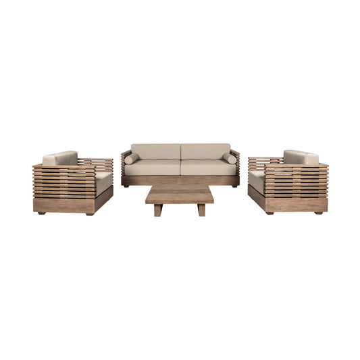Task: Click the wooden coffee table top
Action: pyautogui.click(x=180, y=195)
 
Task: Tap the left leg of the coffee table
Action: pyautogui.click(x=158, y=210)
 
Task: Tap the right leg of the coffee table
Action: pyautogui.click(x=201, y=210)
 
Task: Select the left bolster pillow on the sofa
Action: pyautogui.click(x=131, y=159)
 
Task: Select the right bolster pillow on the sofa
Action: pyautogui.click(x=230, y=159)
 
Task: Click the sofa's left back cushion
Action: pyautogui.click(x=155, y=151)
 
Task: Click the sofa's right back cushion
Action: pyautogui.click(x=205, y=151)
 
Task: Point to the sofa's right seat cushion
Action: pyautogui.click(x=207, y=168)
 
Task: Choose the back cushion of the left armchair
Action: pyautogui.click(x=61, y=158)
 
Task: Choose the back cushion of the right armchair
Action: pyautogui.click(x=300, y=157)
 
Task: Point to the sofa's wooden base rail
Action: pyautogui.click(x=180, y=181)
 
